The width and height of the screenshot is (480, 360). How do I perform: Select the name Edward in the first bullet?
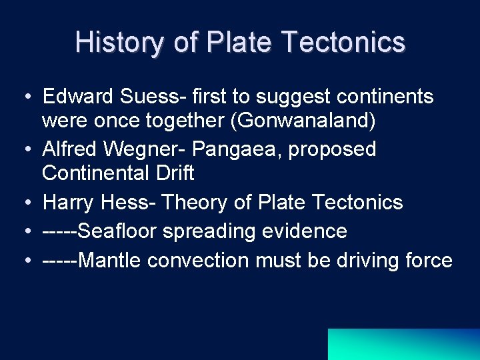(x=78, y=97)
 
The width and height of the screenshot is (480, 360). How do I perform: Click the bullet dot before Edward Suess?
(x=23, y=97)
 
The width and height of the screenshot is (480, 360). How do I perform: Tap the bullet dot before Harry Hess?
(x=23, y=203)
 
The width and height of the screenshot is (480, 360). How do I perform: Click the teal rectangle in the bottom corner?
(x=403, y=344)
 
